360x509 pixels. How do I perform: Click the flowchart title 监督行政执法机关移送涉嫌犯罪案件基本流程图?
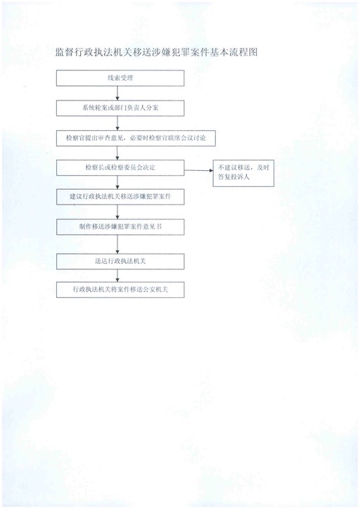pyautogui.click(x=157, y=52)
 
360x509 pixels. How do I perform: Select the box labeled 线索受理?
pyautogui.click(x=120, y=78)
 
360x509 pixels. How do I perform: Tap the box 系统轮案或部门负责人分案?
pyautogui.click(x=120, y=108)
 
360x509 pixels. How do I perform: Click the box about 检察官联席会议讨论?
pyautogui.click(x=136, y=138)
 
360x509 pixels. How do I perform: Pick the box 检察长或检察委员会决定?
pyautogui.click(x=120, y=168)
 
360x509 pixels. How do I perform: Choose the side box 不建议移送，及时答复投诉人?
pyautogui.click(x=243, y=174)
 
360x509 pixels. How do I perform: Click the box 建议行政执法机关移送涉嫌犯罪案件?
pyautogui.click(x=120, y=197)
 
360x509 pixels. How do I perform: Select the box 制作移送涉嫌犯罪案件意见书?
pyautogui.click(x=120, y=227)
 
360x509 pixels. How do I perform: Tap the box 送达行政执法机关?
pyautogui.click(x=120, y=262)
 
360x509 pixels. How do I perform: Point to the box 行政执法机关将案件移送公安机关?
pyautogui.click(x=120, y=290)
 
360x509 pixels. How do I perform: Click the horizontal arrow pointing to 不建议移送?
pyautogui.click(x=199, y=170)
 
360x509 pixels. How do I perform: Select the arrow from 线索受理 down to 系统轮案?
pyautogui.click(x=117, y=94)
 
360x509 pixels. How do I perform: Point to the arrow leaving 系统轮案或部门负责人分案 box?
pyautogui.click(x=117, y=123)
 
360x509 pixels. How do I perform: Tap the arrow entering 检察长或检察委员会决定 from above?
pyautogui.click(x=117, y=153)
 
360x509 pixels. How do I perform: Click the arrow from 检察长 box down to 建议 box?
pyautogui.click(x=117, y=182)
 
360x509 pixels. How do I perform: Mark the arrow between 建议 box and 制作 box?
pyautogui.click(x=117, y=212)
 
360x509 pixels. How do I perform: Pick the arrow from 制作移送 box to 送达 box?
pyautogui.click(x=117, y=245)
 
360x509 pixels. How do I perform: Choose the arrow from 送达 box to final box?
pyautogui.click(x=117, y=276)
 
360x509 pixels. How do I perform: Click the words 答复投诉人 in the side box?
pyautogui.click(x=233, y=178)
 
